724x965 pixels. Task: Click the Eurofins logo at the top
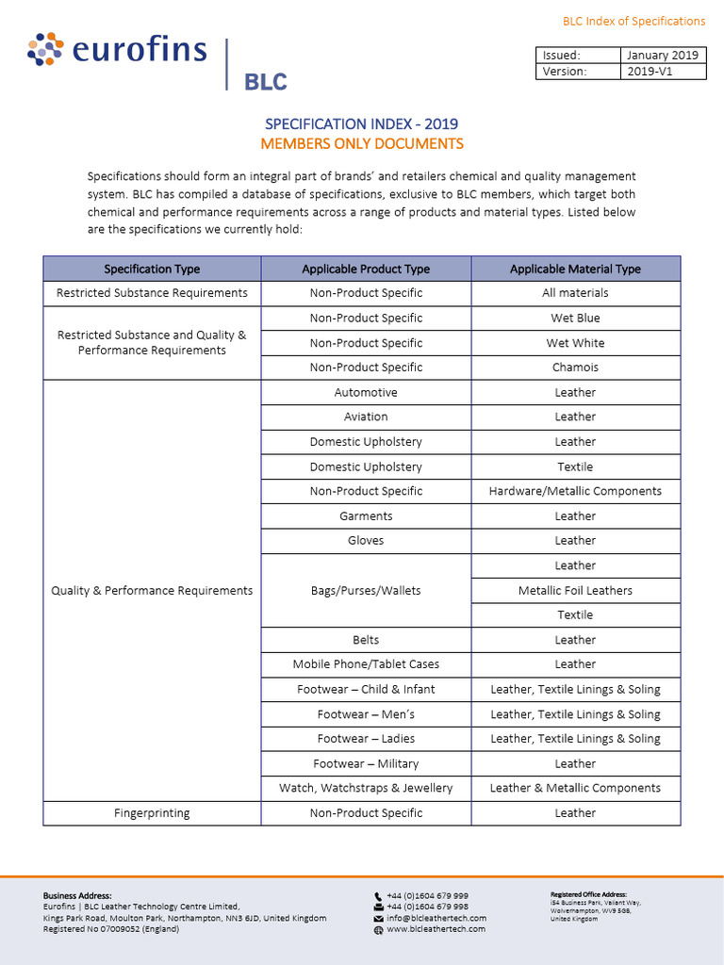(x=118, y=50)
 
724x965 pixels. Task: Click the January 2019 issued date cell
(x=663, y=55)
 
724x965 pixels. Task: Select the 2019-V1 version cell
(x=663, y=72)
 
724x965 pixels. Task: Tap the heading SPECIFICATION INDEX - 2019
(x=361, y=123)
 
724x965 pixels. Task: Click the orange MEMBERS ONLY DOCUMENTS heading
(x=361, y=143)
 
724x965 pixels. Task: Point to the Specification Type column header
(x=152, y=269)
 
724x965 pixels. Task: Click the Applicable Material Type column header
(x=575, y=269)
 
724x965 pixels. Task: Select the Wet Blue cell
(x=575, y=318)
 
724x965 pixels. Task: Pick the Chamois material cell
(x=575, y=368)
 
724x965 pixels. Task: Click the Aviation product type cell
(x=366, y=417)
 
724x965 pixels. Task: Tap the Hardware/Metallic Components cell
(x=575, y=491)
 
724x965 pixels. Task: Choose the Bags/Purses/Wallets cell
(x=366, y=590)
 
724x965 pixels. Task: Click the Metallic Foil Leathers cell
(x=575, y=590)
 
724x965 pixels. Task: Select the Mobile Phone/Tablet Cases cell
(x=366, y=664)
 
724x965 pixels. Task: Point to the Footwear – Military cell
(x=366, y=763)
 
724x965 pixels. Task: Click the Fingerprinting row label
(x=152, y=812)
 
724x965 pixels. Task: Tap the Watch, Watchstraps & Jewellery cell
(x=366, y=788)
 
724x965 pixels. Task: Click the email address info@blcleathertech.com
(x=436, y=918)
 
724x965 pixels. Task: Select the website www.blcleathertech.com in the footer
(x=436, y=929)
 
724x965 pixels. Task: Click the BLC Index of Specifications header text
(x=633, y=21)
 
